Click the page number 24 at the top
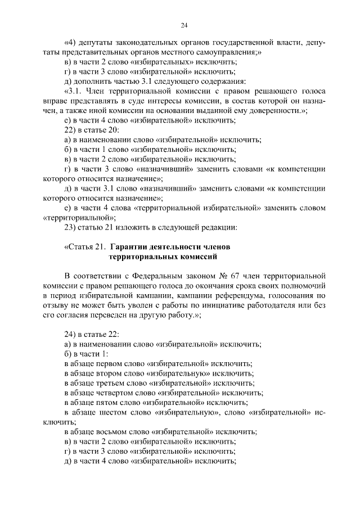point(184,25)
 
